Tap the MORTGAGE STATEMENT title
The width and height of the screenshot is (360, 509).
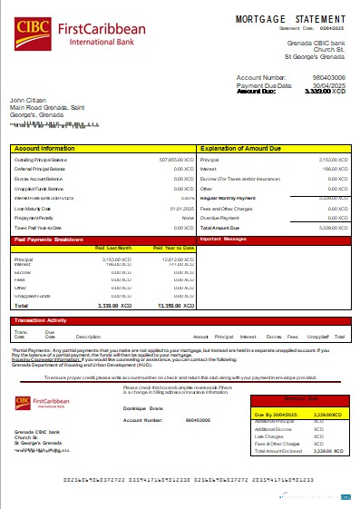pos(279,19)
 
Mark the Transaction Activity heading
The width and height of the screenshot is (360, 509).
pos(41,320)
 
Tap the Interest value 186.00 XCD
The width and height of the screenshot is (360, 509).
pos(336,169)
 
